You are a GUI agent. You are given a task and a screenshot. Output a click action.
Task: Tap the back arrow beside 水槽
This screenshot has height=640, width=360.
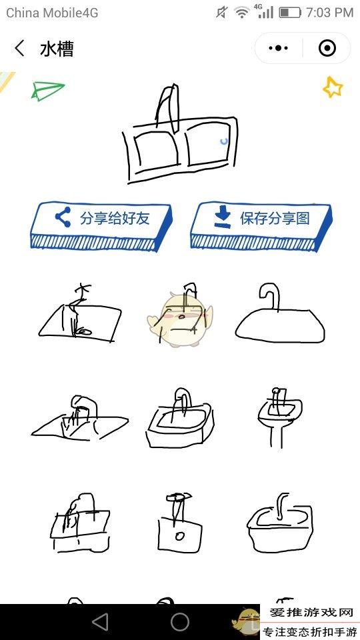(19, 49)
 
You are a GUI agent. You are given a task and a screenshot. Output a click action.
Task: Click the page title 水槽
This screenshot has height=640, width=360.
(57, 49)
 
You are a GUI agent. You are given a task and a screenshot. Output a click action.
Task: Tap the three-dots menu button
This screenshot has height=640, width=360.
(279, 48)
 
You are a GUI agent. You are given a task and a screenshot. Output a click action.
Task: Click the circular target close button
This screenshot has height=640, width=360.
(327, 48)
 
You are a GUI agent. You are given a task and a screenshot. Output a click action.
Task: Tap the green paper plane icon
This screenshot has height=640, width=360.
(48, 91)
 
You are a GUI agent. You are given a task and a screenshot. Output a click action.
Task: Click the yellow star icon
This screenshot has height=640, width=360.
(333, 87)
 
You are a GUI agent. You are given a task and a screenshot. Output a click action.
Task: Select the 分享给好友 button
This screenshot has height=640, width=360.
(101, 225)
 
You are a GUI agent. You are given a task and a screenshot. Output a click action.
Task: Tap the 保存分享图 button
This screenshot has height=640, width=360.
(261, 225)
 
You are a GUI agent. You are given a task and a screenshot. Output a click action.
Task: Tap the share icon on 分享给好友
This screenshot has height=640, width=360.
(63, 217)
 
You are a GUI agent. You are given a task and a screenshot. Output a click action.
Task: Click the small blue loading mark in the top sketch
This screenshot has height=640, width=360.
(224, 141)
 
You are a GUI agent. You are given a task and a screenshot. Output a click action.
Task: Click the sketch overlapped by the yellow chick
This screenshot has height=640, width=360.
(181, 314)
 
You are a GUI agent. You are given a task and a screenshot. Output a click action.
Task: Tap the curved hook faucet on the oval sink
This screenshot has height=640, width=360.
(270, 296)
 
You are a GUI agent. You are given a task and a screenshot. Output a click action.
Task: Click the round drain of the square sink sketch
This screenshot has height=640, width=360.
(179, 535)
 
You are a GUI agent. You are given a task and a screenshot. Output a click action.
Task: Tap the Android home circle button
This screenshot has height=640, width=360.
(180, 622)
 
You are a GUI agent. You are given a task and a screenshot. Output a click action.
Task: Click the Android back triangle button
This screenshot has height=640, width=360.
(100, 622)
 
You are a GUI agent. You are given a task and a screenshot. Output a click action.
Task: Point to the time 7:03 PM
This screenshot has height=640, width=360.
(329, 13)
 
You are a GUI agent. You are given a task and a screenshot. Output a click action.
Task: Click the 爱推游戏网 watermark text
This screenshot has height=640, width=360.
(311, 613)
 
